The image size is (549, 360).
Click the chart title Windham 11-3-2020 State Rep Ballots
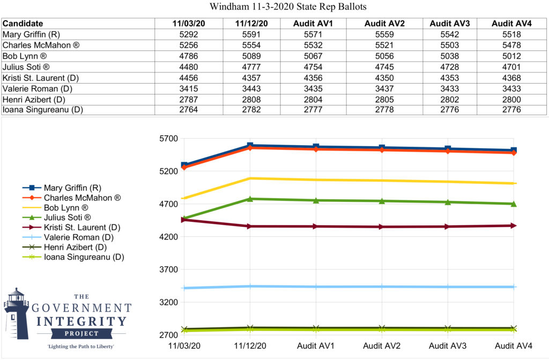coord(274,7)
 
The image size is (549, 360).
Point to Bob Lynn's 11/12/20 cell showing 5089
coord(251,56)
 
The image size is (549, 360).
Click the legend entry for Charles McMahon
coord(82,198)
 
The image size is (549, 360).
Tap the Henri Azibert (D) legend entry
coord(75,247)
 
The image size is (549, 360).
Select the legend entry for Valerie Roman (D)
coord(77,237)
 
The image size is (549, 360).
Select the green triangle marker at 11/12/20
coord(250,199)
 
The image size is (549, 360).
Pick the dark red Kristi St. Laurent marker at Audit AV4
coord(514,226)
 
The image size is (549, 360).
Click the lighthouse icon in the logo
coord(16,313)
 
